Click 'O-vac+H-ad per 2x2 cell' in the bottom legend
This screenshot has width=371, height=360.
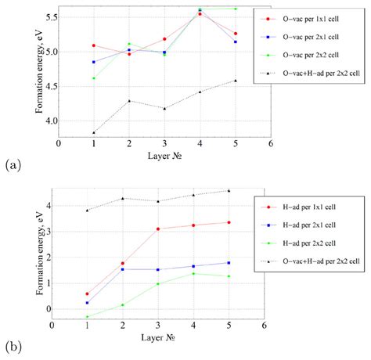[317, 260]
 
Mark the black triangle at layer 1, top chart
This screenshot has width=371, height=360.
[94, 133]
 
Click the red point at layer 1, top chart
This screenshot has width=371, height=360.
[94, 45]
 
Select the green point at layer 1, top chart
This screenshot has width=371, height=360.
[94, 78]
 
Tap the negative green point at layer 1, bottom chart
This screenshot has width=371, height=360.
[87, 317]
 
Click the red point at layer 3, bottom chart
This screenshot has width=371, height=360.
[158, 229]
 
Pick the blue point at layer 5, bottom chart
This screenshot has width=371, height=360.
[229, 262]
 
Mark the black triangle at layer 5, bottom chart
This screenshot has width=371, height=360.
[229, 190]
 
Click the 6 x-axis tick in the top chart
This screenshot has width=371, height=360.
[270, 143]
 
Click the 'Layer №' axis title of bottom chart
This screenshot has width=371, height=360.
[157, 339]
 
